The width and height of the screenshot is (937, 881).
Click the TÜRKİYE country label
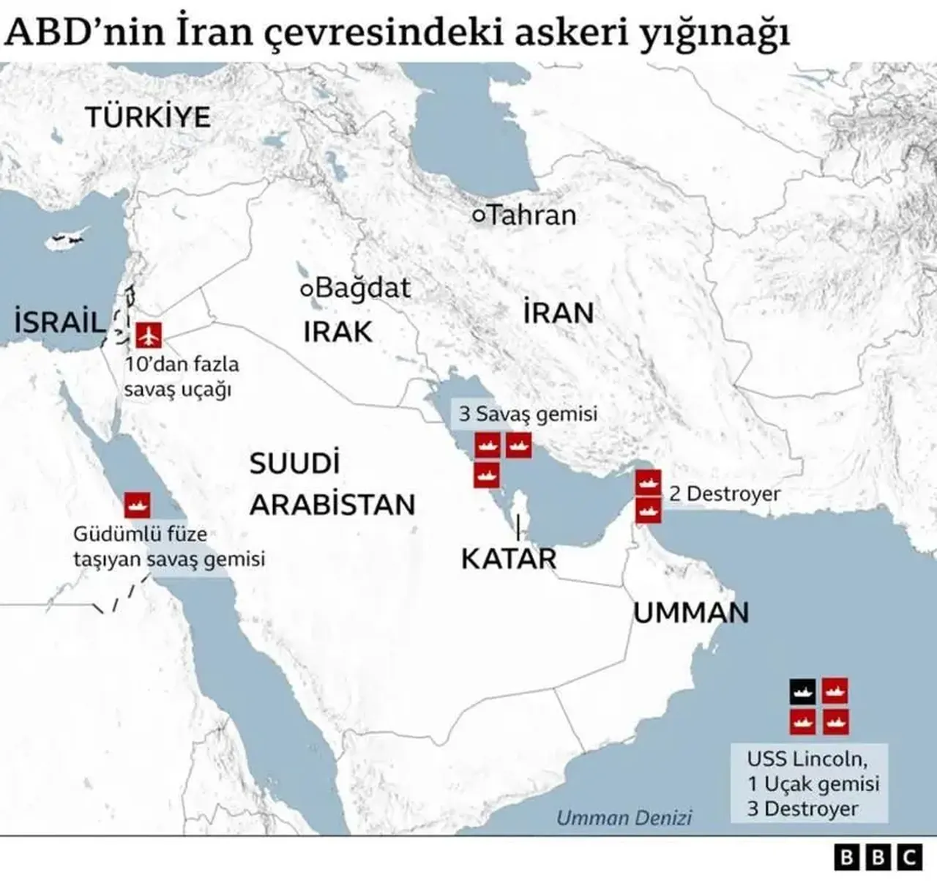pyautogui.click(x=148, y=117)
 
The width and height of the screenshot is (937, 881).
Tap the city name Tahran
pyautogui.click(x=531, y=215)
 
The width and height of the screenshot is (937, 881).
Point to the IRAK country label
pyautogui.click(x=337, y=332)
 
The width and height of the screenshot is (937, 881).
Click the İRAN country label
pyautogui.click(x=558, y=313)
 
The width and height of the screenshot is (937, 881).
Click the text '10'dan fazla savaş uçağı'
pyautogui.click(x=182, y=376)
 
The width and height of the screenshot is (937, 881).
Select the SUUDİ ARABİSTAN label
pyautogui.click(x=332, y=484)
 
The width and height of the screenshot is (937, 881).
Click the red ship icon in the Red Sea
pyautogui.click(x=137, y=503)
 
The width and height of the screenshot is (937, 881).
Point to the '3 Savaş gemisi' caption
pyautogui.click(x=528, y=414)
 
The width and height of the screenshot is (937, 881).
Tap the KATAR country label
pyautogui.click(x=509, y=559)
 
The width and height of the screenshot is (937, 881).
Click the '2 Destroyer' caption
pyautogui.click(x=725, y=494)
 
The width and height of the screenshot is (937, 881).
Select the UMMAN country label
pyautogui.click(x=690, y=612)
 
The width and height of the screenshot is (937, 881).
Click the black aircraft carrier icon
pyautogui.click(x=802, y=691)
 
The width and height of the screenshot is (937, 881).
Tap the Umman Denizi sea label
pyautogui.click(x=624, y=817)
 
